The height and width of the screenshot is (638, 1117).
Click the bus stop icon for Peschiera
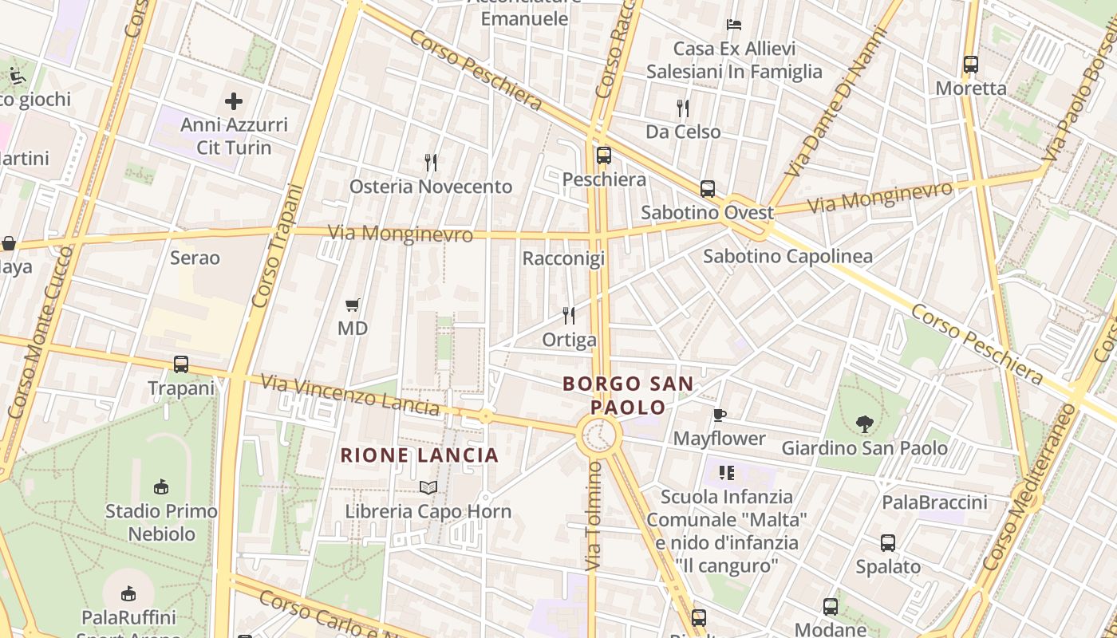[604, 156]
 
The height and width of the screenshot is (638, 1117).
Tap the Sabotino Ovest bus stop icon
[708, 189]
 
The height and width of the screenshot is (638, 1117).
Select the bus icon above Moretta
[971, 65]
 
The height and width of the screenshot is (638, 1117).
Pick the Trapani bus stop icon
[181, 364]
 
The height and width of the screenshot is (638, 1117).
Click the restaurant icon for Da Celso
[683, 108]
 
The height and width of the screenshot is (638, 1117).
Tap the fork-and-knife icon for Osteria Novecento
[431, 163]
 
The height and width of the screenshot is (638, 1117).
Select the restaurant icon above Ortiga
[569, 316]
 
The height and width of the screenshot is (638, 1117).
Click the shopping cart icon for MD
[353, 305]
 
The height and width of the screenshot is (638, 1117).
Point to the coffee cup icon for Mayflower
[719, 415]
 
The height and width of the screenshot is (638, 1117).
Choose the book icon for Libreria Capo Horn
[428, 486]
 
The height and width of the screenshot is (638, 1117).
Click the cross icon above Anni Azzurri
[234, 101]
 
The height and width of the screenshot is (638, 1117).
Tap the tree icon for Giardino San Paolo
[864, 424]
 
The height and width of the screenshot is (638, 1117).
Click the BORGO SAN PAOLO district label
[628, 396]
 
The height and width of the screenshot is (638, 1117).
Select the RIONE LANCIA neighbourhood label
[420, 455]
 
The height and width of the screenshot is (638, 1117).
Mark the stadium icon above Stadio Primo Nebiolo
[161, 486]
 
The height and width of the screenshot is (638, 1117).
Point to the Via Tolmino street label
[592, 517]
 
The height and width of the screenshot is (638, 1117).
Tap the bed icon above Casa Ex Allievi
[734, 25]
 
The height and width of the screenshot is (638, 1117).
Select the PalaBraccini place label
[934, 502]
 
